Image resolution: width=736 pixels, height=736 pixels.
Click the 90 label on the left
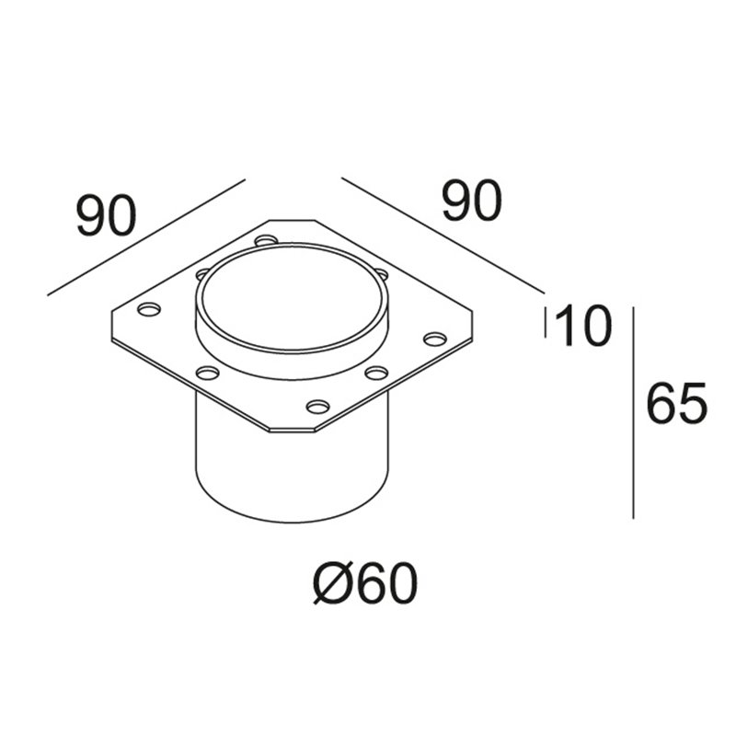(107, 216)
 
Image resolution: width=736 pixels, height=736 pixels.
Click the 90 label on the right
(472, 201)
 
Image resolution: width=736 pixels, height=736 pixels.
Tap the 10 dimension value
(583, 326)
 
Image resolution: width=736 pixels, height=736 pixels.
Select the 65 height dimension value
(676, 403)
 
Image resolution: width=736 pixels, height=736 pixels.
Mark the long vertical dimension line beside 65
(634, 413)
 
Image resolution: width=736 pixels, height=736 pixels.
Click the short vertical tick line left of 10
(546, 322)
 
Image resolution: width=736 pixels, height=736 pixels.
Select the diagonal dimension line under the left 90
(146, 237)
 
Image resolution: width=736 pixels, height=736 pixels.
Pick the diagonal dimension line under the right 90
(443, 236)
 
